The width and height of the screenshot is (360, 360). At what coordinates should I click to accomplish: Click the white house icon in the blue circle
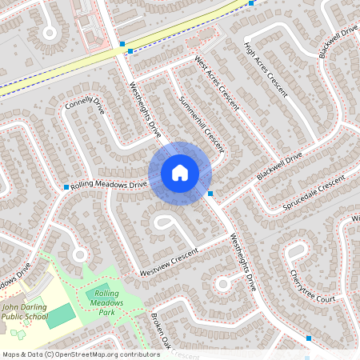[180, 172]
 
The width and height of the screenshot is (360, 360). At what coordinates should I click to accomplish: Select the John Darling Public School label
[25, 310]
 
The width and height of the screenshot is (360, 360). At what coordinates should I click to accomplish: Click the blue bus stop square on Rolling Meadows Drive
[66, 187]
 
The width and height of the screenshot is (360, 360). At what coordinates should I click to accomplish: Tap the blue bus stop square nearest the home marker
[210, 194]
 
